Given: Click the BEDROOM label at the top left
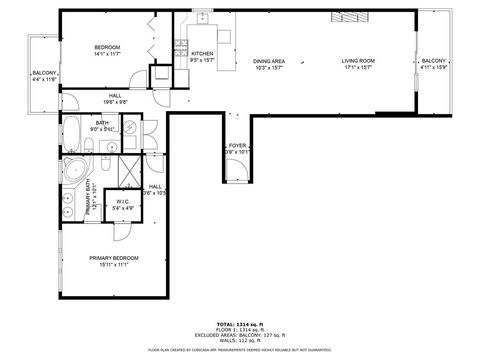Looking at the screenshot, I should coord(107,48).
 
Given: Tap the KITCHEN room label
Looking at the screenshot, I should coord(202,53).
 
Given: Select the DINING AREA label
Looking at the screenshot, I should coord(270,61).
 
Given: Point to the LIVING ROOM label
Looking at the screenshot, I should coord(357,61).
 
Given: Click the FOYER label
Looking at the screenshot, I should coord(237,146).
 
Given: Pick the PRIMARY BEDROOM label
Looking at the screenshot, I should coord(113,258).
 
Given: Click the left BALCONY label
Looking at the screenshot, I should coord(44,73).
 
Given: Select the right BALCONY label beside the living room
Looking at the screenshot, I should coord(434,61).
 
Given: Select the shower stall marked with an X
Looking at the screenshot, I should coord(128,171).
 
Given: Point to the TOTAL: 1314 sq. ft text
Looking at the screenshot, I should coord(240,323).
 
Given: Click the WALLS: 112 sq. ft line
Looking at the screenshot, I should coord(240,341).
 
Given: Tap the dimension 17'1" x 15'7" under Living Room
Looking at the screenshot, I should coord(357,68).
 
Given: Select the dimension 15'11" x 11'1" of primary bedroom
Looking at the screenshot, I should coord(113,265).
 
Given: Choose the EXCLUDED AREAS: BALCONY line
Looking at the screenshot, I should coord(240,335).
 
